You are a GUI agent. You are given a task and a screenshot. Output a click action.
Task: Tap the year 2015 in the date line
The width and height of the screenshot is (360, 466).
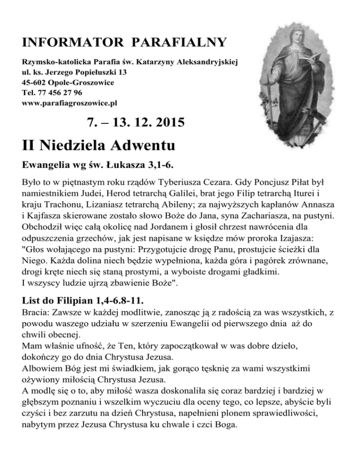click(x=165, y=123)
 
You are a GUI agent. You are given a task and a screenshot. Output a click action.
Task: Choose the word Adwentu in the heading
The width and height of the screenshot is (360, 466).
click(x=136, y=145)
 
